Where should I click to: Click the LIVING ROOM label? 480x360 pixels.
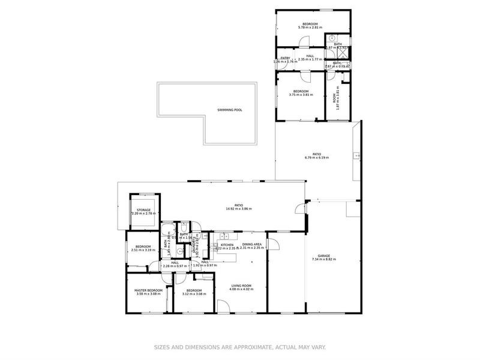coord(241,286)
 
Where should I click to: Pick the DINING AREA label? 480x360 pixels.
coord(252,244)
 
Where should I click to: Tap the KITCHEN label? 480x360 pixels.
coord(227,244)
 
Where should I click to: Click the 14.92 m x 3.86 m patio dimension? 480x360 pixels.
coord(239,209)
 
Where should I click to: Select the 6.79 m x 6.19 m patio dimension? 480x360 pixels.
coord(318,159)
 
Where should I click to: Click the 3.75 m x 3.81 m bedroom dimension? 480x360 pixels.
coord(301,94)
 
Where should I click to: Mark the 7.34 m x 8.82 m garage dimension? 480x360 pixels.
coord(324,259)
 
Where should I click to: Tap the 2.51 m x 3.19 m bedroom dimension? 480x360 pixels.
coord(143,250)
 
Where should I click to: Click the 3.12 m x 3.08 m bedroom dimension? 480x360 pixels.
coord(194,294)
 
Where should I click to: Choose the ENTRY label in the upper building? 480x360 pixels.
coord(285,58)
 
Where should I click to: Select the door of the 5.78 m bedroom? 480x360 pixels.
coord(304,42)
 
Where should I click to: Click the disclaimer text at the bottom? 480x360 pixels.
coord(240,346)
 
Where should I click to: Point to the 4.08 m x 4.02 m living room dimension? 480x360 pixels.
coord(241,290)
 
